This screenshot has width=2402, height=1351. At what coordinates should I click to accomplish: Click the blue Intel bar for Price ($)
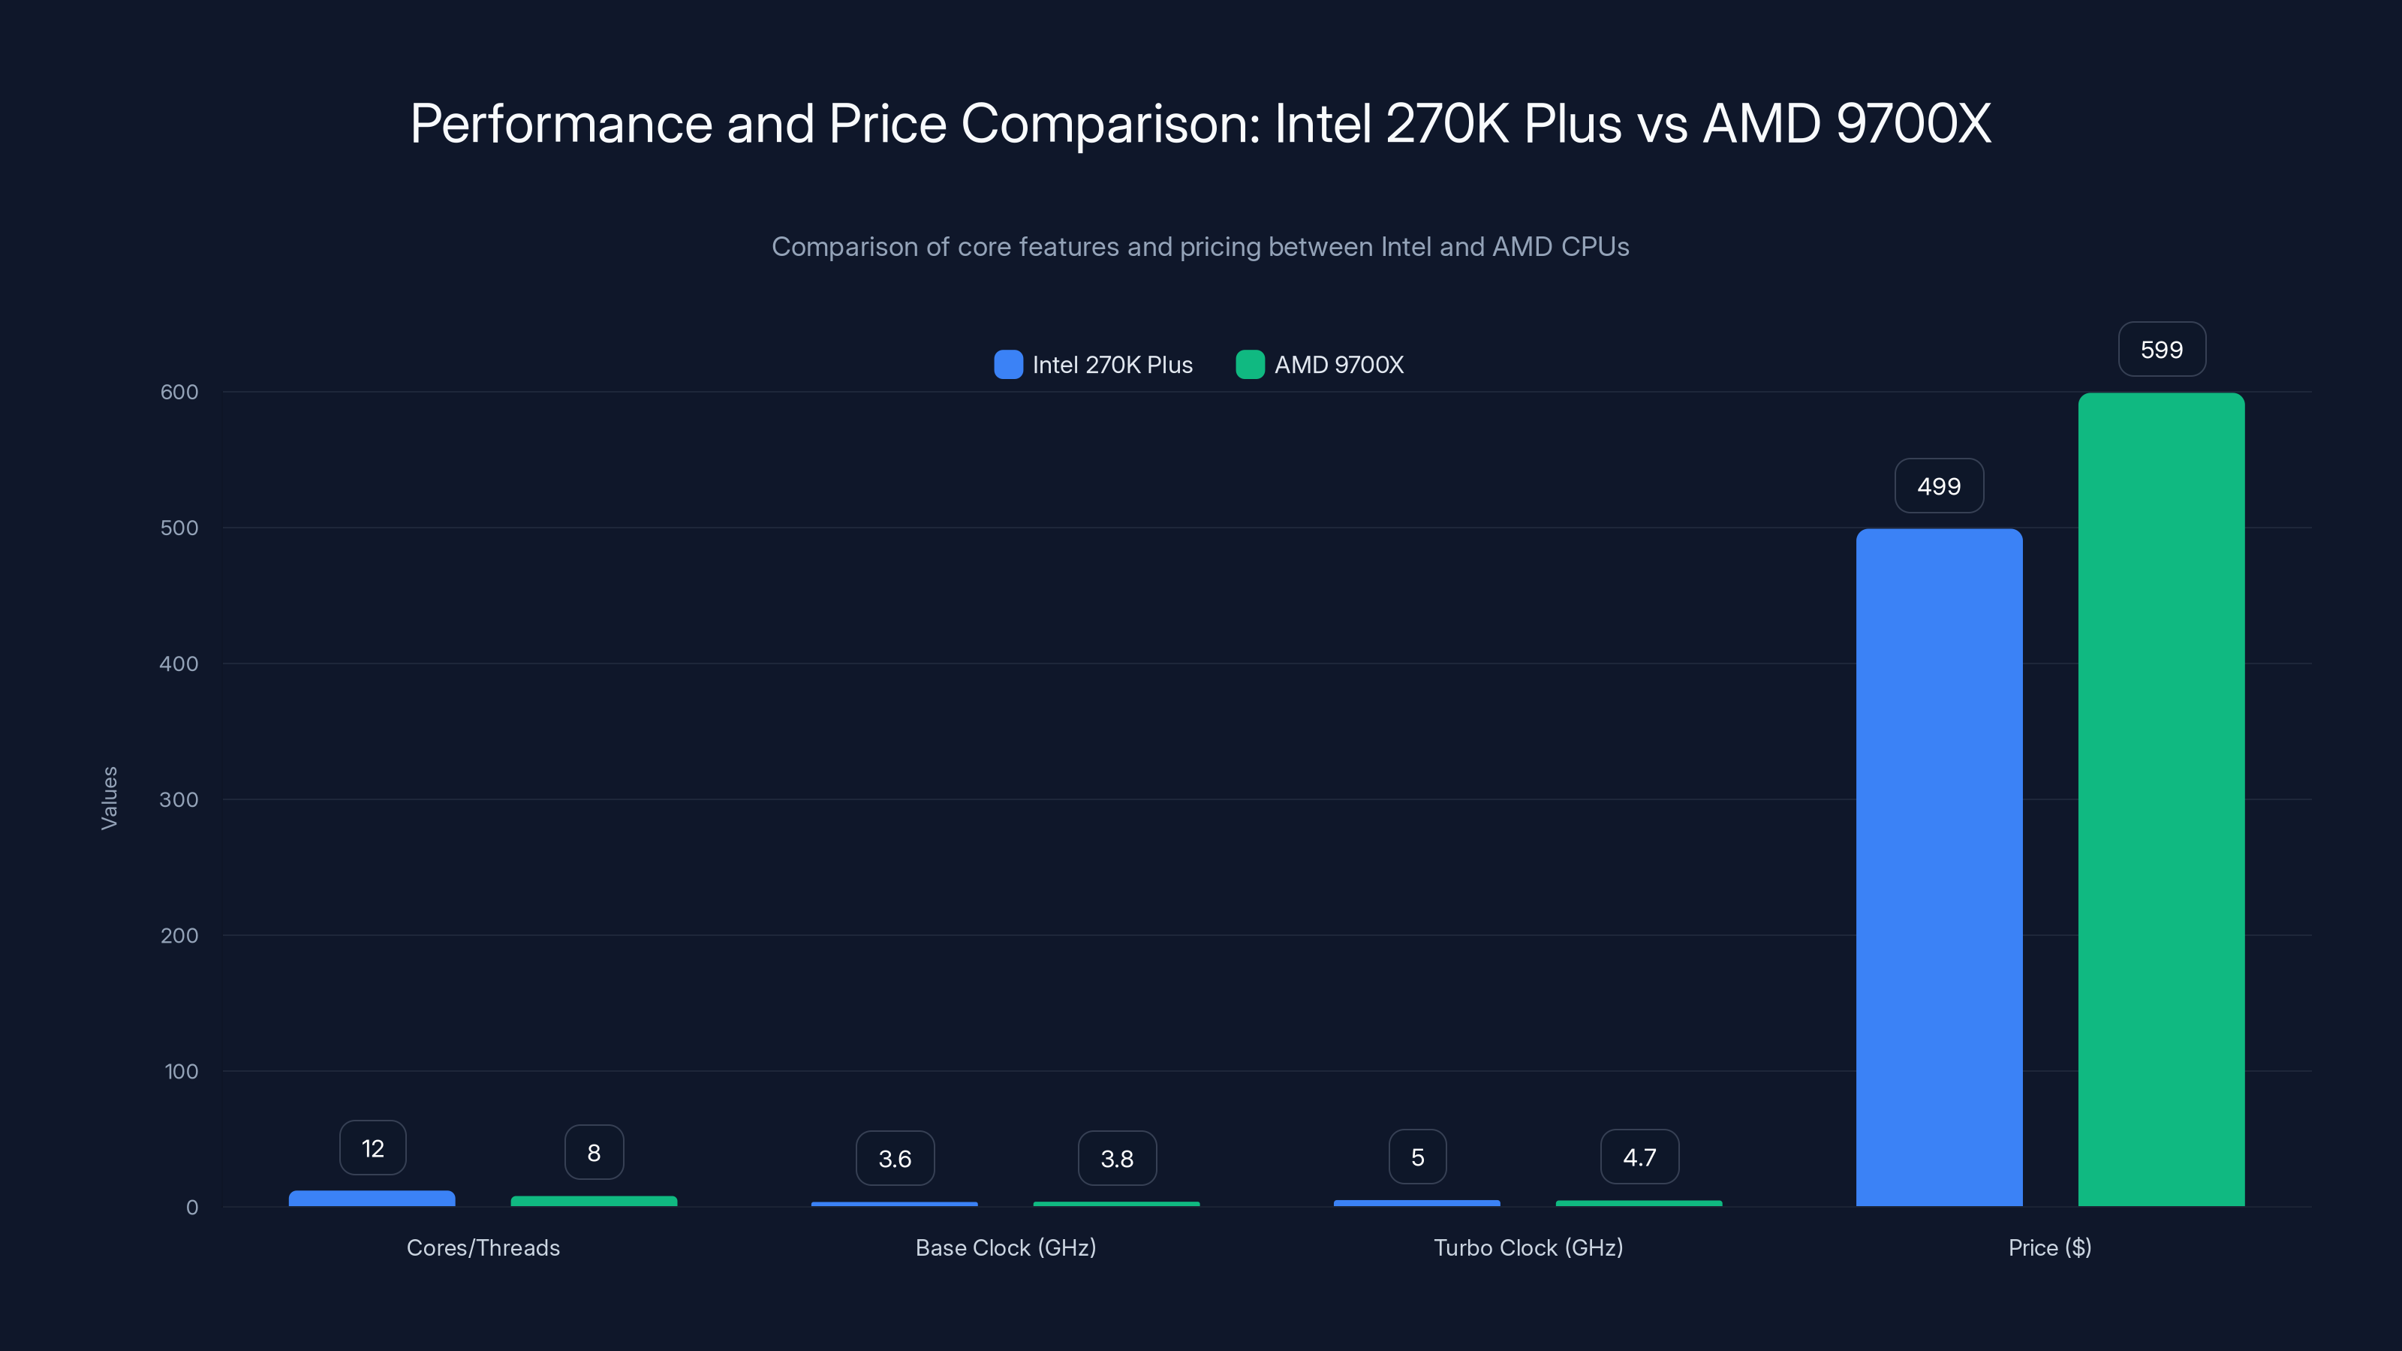[x=1939, y=867]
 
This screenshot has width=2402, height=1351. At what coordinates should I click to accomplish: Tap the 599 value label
[x=2162, y=350]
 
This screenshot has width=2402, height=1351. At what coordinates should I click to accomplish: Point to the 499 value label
[x=1939, y=486]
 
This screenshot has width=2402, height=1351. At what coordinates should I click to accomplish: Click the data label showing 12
[x=372, y=1148]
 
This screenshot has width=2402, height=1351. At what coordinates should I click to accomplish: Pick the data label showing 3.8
[x=1116, y=1158]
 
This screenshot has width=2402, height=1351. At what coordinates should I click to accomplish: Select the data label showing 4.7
[x=1639, y=1157]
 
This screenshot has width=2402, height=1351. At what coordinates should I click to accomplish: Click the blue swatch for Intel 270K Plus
[x=1008, y=365]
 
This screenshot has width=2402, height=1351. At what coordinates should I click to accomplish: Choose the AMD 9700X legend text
[x=1338, y=365]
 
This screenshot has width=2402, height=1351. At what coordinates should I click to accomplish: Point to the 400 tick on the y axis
[x=179, y=663]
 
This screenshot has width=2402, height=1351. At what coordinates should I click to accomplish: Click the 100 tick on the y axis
[x=181, y=1071]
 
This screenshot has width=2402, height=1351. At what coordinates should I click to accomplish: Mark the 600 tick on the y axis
[x=179, y=392]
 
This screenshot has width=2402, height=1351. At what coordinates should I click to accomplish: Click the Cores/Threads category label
[x=483, y=1247]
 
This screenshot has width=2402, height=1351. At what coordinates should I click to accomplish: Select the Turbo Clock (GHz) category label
[x=1528, y=1247]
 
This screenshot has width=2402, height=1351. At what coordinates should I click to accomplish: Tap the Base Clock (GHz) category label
[x=1005, y=1247]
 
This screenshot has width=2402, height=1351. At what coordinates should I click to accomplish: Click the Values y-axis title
[x=109, y=798]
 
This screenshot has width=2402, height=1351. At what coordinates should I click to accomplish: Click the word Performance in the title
[x=561, y=124]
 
